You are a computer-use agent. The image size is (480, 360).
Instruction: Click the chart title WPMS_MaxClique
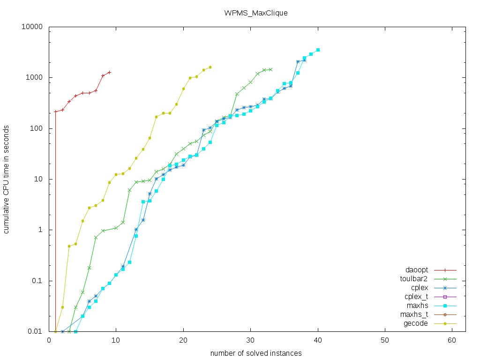pyautogui.click(x=255, y=13)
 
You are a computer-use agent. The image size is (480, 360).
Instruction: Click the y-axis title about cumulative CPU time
pyautogui.click(x=7, y=179)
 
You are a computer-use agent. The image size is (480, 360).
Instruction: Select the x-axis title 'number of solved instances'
pyautogui.click(x=255, y=353)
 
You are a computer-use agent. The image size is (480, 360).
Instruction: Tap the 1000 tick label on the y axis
pyautogui.click(x=36, y=77)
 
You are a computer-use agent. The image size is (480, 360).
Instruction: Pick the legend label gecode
pyautogui.click(x=416, y=323)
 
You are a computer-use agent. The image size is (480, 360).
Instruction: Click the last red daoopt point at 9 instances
pyautogui.click(x=109, y=72)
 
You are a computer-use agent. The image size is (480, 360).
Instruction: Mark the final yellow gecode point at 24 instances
pyautogui.click(x=210, y=67)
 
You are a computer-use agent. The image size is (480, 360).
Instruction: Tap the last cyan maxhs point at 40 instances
pyautogui.click(x=318, y=50)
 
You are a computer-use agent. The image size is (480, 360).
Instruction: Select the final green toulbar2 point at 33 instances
pyautogui.click(x=270, y=69)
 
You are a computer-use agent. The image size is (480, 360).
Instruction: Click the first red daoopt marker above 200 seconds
pyautogui.click(x=56, y=112)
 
